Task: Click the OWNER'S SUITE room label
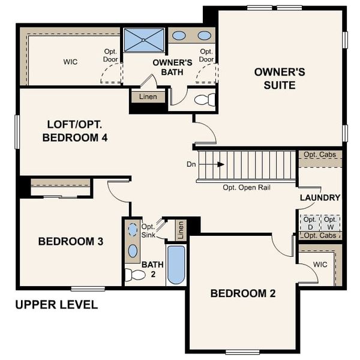click(x=280, y=79)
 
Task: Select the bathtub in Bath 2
click(x=176, y=264)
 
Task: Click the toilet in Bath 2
click(x=136, y=275)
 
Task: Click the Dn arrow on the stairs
click(x=220, y=164)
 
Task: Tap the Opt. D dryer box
click(x=310, y=223)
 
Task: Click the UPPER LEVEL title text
click(x=56, y=305)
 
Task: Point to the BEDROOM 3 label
click(x=71, y=242)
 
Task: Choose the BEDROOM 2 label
click(x=242, y=293)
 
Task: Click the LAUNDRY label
click(x=320, y=197)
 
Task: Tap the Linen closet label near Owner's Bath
click(x=148, y=97)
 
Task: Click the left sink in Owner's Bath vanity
click(x=179, y=35)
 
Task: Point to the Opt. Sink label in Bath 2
click(x=148, y=230)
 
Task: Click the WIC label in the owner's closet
click(x=71, y=62)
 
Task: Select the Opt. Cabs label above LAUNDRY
click(x=320, y=155)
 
